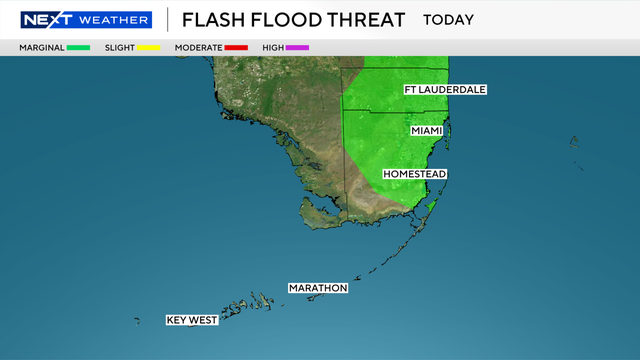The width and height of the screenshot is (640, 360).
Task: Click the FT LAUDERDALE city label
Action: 445,90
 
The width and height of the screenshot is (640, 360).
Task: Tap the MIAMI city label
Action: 428,131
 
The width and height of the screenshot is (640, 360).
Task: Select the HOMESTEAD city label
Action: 414,174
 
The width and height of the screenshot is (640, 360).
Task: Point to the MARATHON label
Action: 318,288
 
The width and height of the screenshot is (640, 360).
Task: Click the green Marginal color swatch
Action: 79,48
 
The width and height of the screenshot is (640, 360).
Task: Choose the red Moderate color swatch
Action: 236,48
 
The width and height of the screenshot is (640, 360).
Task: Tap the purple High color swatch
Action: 297,48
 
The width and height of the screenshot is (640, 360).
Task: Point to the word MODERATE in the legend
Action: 196,48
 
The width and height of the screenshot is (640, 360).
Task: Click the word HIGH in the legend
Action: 271,48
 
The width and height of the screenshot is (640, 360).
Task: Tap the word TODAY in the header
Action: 449,20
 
